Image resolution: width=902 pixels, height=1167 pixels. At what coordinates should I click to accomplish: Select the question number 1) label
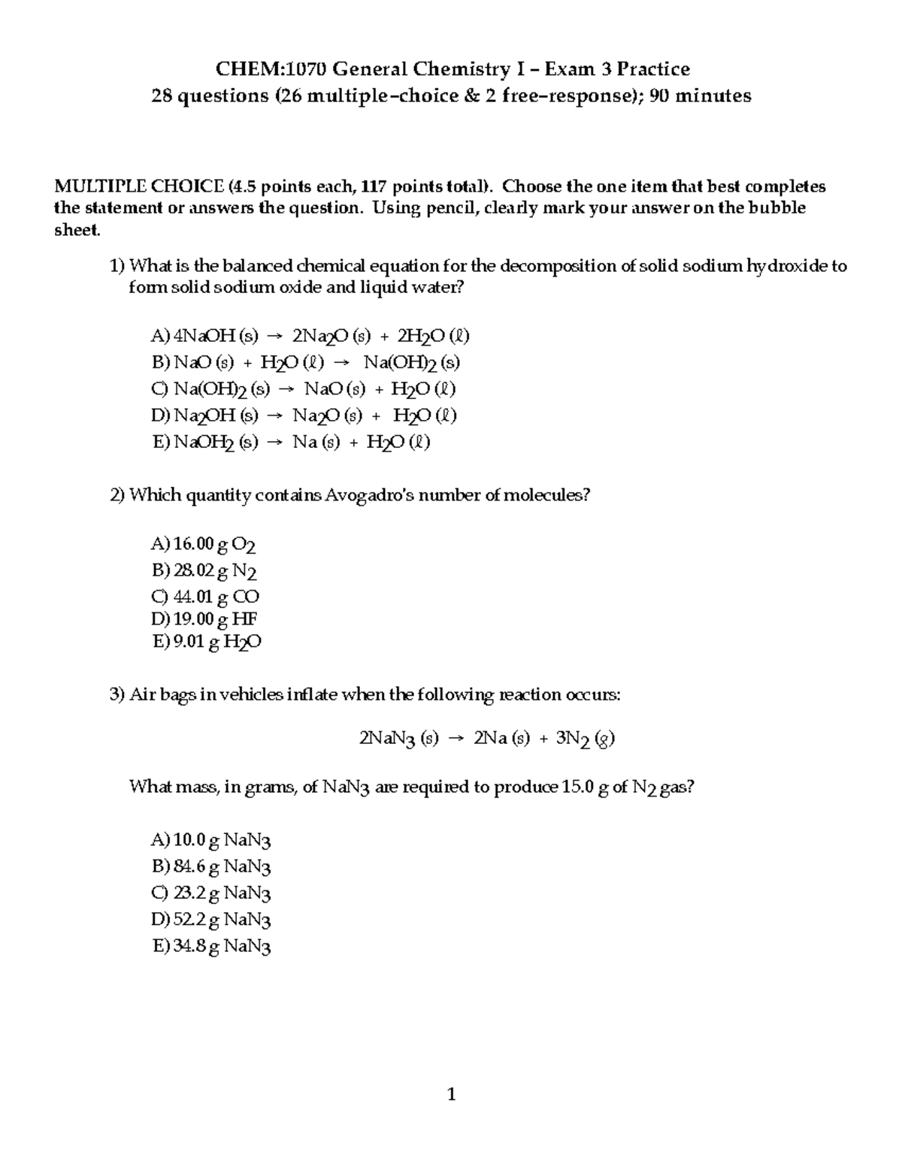click(x=117, y=266)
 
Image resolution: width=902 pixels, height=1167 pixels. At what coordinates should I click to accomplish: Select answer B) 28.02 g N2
click(x=204, y=571)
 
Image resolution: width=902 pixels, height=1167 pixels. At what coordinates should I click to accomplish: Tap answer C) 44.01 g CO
click(x=204, y=597)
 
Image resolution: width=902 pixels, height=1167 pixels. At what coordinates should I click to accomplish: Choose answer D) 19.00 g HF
click(x=204, y=619)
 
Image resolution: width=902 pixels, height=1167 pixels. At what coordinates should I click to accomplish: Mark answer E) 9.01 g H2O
click(x=206, y=642)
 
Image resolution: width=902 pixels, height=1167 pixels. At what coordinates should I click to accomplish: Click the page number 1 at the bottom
click(x=451, y=1095)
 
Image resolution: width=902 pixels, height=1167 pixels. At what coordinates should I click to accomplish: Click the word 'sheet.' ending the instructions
click(x=77, y=231)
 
